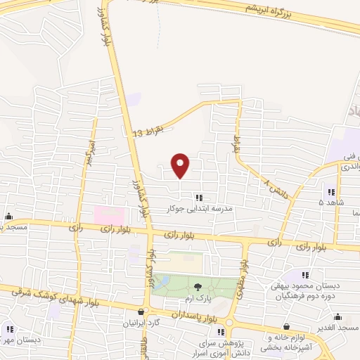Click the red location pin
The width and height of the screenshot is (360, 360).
(181, 165)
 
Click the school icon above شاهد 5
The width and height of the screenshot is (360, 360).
(330, 192)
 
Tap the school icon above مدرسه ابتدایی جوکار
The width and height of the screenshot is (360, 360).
(199, 198)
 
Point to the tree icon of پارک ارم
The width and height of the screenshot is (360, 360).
(197, 286)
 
